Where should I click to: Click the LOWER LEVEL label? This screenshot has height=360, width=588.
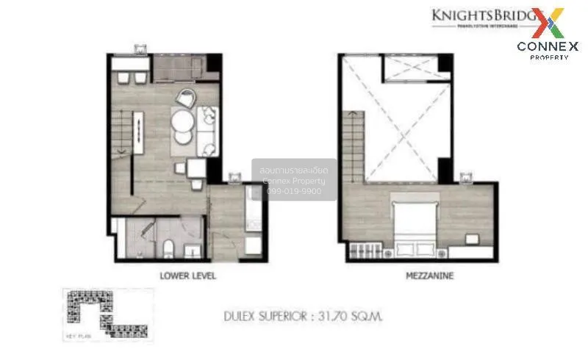coord(187,277)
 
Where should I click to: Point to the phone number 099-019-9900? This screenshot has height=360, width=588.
coord(294,190)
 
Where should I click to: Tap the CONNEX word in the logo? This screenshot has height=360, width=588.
coord(547,46)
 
